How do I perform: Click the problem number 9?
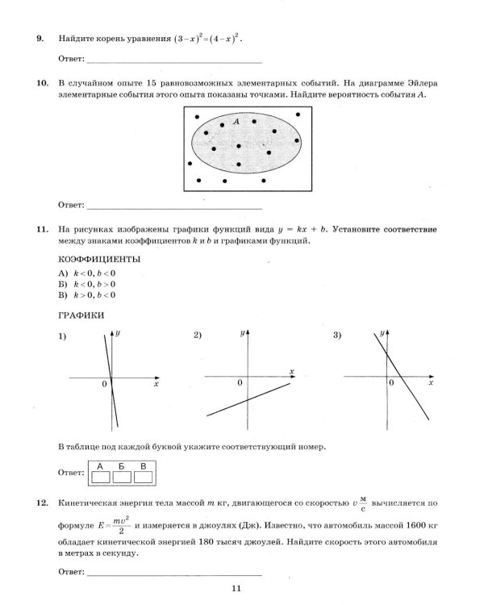[40, 39]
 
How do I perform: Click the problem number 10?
[42, 83]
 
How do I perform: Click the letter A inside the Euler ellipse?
[236, 121]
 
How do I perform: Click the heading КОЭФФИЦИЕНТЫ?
[99, 259]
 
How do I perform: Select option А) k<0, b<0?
[87, 273]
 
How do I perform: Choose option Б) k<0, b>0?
[87, 284]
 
